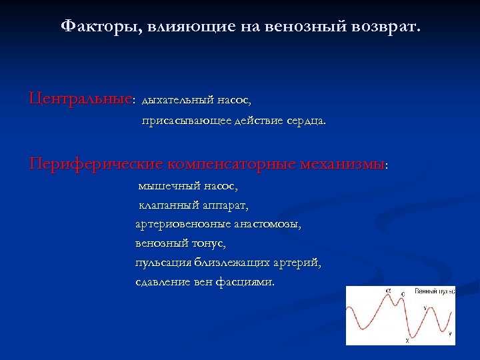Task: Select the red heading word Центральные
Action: point(80,99)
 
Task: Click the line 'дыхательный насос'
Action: point(197,101)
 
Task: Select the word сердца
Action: point(307,122)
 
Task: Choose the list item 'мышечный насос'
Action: point(187,186)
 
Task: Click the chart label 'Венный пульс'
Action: point(435,292)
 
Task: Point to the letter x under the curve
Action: point(407,341)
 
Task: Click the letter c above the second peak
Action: point(403,294)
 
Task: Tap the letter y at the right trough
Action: point(450,333)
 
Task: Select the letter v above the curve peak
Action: point(426,308)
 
